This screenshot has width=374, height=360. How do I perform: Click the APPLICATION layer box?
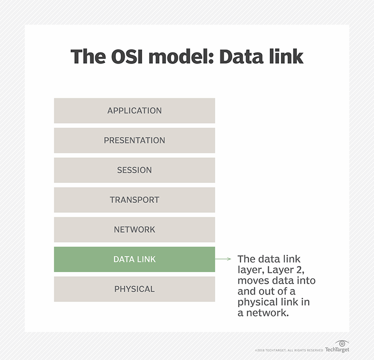point(135,111)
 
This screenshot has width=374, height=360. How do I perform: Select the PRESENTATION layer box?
point(135,140)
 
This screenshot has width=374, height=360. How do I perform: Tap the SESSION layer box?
point(135,170)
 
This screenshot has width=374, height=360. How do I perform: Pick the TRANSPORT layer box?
point(135,200)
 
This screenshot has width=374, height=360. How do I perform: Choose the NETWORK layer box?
point(135,230)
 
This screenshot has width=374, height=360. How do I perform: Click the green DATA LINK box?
point(135,259)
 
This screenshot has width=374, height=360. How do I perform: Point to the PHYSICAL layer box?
point(135,289)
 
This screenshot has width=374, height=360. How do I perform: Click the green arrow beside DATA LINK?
point(224,259)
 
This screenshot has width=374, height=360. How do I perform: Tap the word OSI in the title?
point(125,57)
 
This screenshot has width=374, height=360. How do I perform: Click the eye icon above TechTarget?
point(342,343)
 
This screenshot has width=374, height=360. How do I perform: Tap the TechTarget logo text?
point(337,350)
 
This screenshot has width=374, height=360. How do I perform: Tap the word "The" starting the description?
point(246,259)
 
